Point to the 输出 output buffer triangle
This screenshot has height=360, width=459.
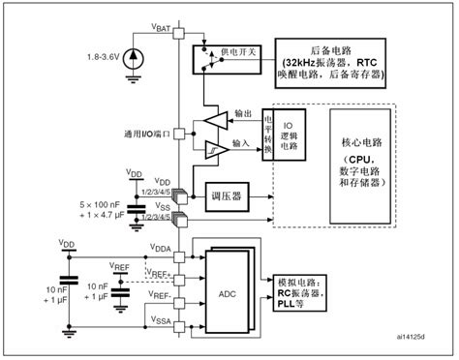click(x=216, y=120)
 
